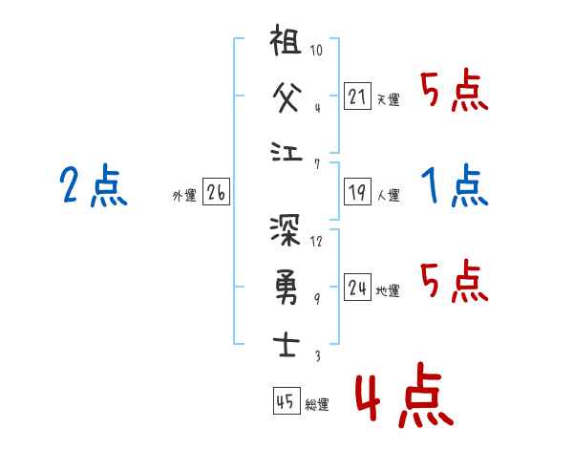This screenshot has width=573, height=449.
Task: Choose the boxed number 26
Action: pos(216,192)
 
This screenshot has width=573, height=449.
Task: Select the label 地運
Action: pos(388,290)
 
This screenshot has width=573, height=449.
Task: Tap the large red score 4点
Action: pos(402,398)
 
